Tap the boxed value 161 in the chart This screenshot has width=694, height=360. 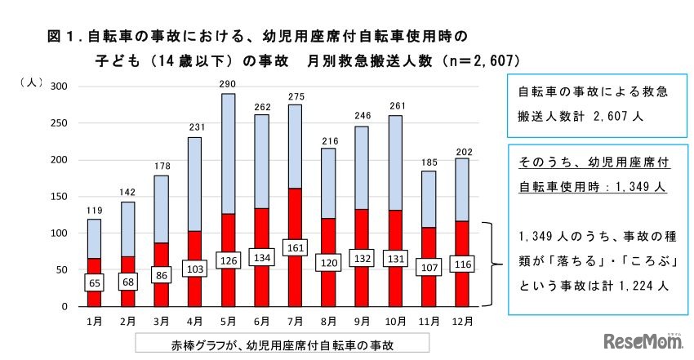(296, 247)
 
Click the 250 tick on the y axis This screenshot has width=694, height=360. (61, 123)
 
